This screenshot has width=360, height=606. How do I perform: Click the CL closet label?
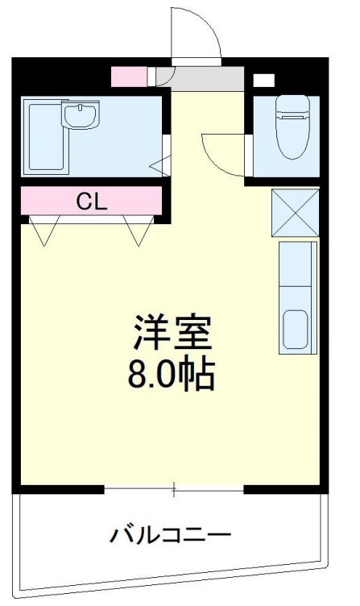[92, 201]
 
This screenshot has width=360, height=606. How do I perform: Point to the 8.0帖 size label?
[172, 372]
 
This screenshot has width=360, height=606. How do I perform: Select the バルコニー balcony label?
[172, 534]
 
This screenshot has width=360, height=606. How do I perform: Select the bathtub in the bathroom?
[43, 136]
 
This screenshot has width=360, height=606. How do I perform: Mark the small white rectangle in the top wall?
[263, 80]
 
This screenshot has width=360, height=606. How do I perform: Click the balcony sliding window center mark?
[174, 488]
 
